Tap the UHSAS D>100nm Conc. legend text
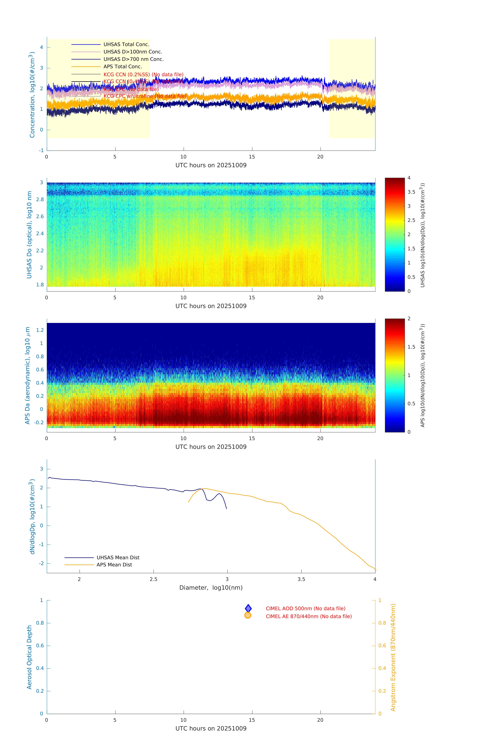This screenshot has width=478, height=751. pyautogui.click(x=133, y=52)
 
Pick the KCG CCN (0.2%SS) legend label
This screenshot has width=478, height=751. pyautogui.click(x=143, y=75)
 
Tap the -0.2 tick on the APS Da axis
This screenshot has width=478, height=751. pyautogui.click(x=39, y=423)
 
